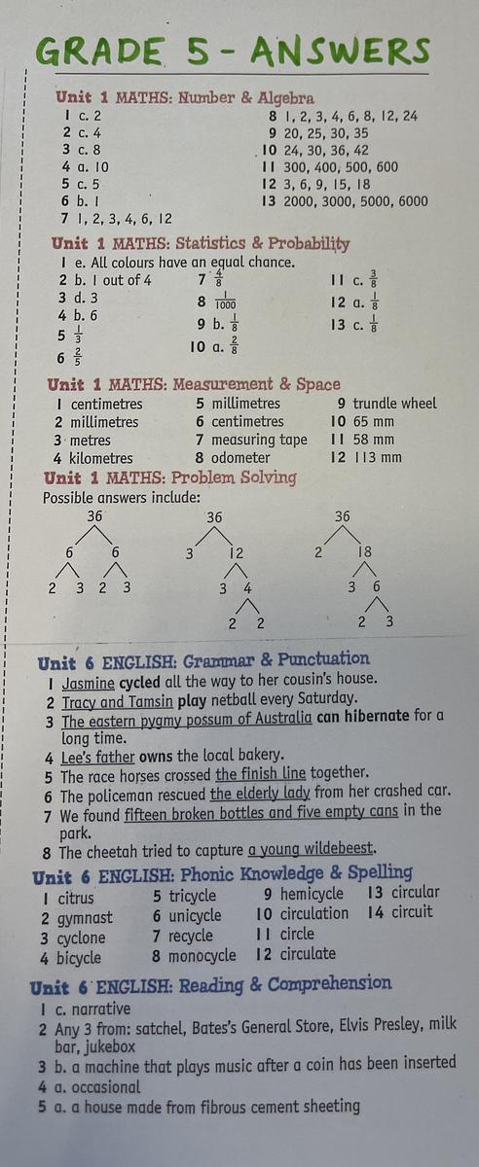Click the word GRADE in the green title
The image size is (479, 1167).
[x=99, y=51]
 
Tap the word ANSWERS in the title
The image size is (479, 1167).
[x=340, y=53]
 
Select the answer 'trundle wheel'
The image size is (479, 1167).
[x=394, y=404]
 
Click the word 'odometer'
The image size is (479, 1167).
[x=240, y=457]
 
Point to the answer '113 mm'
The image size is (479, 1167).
[x=378, y=457]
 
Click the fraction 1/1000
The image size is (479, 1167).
[x=225, y=301]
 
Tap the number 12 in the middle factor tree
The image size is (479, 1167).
[x=237, y=552]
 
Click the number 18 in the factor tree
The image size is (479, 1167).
[x=364, y=551]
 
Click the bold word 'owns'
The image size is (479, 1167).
[x=156, y=756]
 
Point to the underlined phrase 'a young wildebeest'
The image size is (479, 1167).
[x=311, y=849]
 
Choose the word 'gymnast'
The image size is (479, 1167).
[x=85, y=918]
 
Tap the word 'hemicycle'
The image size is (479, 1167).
[x=312, y=894]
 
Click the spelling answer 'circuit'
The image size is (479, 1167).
[x=412, y=912]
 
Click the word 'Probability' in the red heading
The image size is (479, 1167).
[x=309, y=244]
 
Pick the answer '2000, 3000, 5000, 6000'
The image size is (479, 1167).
[x=355, y=201]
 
